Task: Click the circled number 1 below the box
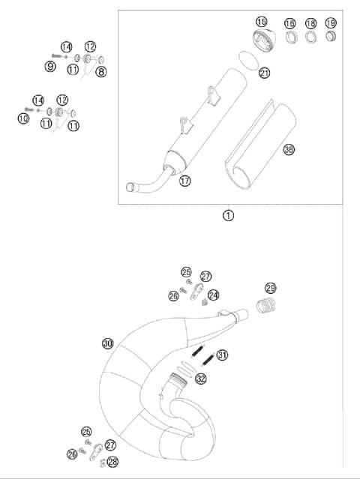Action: coord(228,215)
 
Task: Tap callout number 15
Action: coord(261,22)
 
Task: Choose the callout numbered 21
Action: coord(263,72)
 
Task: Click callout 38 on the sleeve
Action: coord(289,150)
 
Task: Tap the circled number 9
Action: coord(50,67)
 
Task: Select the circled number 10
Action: coord(23,118)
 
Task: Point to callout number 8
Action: coord(101,71)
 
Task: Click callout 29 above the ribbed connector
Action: coord(271,288)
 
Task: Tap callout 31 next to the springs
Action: coord(222,355)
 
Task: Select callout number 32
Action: coord(200,379)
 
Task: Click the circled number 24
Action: coord(214,295)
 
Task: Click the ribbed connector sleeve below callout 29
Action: coord(266,306)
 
